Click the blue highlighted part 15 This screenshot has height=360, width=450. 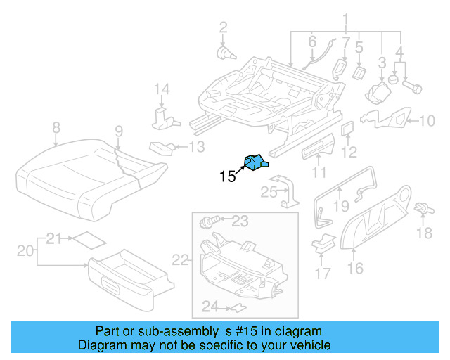coord(255,163)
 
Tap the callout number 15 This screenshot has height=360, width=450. coord(227,176)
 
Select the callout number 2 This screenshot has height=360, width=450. coord(223,28)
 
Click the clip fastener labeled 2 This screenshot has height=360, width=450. coord(224,52)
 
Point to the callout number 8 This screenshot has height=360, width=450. coord(56,127)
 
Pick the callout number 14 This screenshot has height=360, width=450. coord(162,89)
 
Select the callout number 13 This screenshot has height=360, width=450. coord(197,146)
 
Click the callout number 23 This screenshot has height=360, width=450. coord(240,221)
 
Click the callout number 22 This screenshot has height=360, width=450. coord(181,260)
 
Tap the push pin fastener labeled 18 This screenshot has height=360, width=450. coord(423,210)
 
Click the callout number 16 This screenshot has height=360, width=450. coord(356,268)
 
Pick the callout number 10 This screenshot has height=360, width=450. coord(427,121)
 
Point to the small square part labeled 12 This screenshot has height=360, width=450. coord(347,128)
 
